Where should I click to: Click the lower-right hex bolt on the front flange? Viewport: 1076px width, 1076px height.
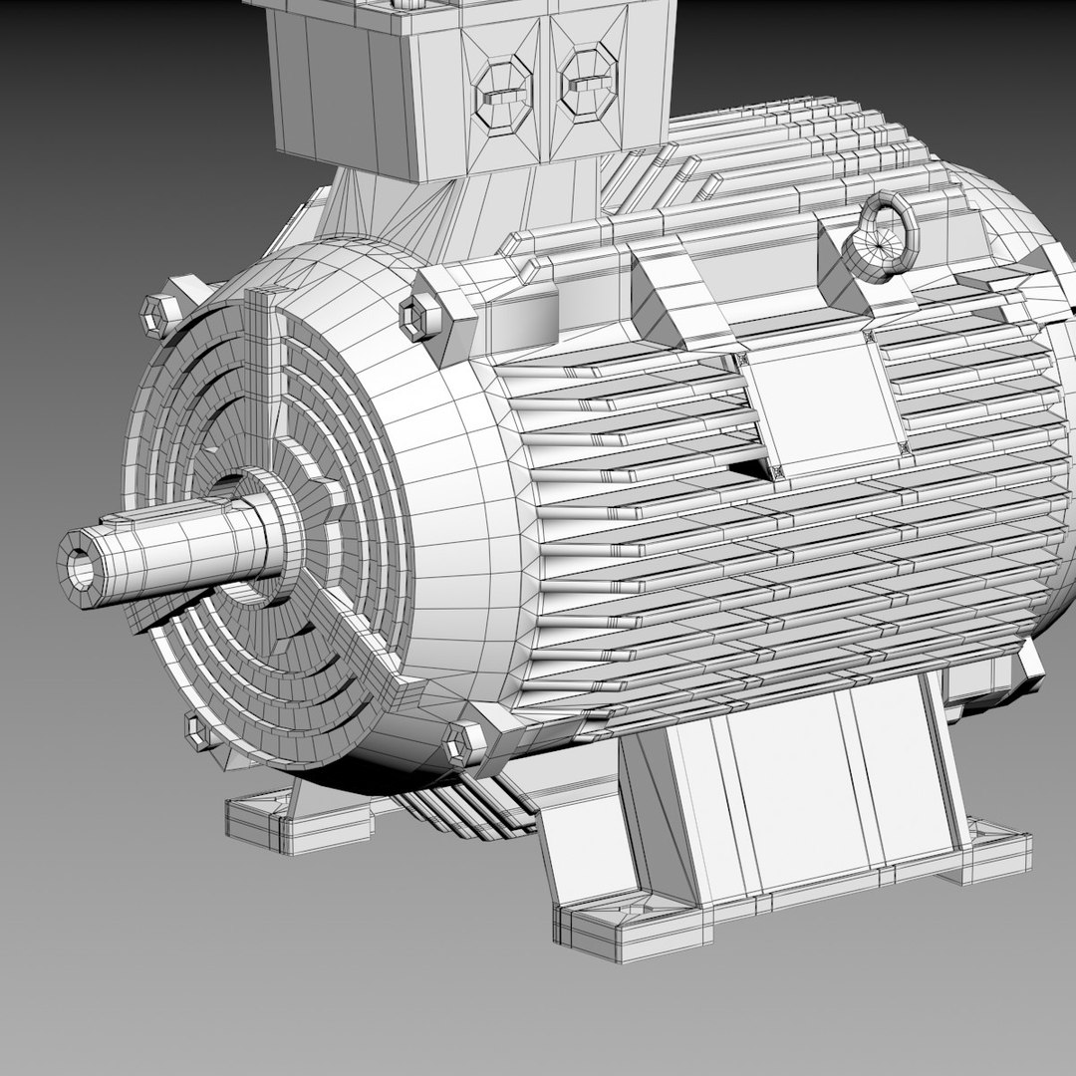(x=464, y=743)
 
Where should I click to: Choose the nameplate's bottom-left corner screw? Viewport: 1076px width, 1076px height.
(x=776, y=472)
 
